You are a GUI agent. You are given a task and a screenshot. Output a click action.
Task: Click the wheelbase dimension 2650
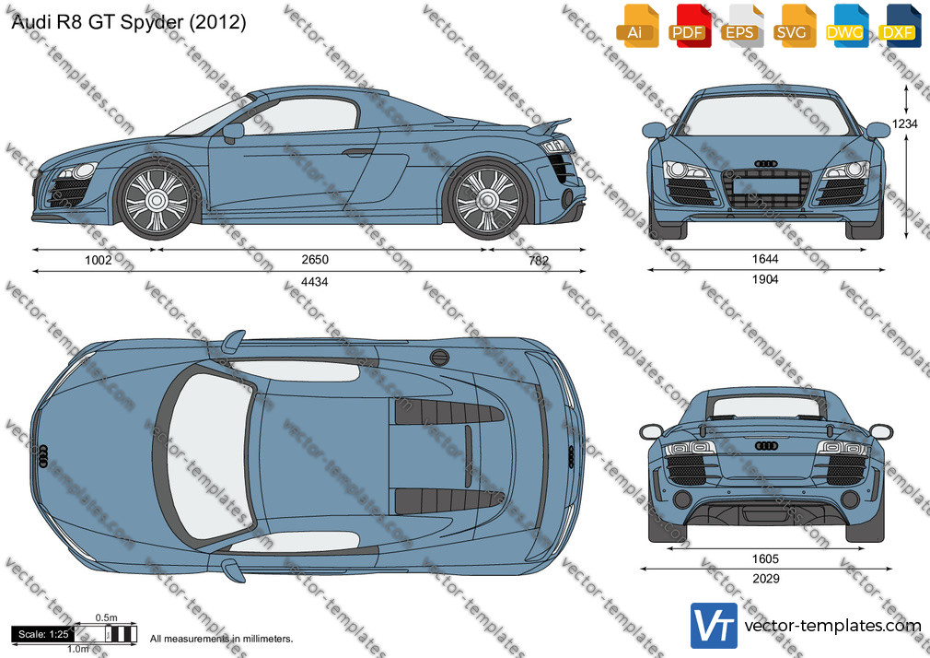(x=314, y=260)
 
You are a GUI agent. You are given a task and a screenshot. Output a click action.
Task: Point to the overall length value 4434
(x=314, y=281)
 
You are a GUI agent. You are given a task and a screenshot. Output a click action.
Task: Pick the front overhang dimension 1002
(x=99, y=260)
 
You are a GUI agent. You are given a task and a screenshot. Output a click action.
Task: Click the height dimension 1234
(x=905, y=123)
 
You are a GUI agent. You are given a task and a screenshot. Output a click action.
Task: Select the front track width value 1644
(x=765, y=259)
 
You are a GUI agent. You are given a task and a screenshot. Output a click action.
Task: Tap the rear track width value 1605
(x=765, y=558)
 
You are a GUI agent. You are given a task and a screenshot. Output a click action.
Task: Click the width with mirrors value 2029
(x=766, y=579)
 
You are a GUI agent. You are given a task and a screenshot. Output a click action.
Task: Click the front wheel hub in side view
(x=156, y=200)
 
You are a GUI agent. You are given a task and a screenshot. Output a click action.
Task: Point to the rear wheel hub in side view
(x=488, y=200)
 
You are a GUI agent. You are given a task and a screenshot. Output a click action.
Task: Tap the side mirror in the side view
(x=232, y=132)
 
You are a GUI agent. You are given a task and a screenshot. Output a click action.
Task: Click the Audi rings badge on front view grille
(x=766, y=163)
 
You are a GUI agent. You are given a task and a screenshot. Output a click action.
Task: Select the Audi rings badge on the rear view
(x=766, y=445)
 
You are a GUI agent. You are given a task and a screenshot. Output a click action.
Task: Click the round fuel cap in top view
(x=439, y=358)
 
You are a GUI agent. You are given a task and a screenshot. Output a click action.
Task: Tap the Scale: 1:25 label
(x=43, y=634)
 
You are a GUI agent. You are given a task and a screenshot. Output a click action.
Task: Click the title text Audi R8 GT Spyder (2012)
(x=129, y=22)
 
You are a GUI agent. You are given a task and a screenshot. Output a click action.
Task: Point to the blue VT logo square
(x=715, y=626)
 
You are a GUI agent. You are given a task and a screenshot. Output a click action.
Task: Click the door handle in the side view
(x=357, y=153)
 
